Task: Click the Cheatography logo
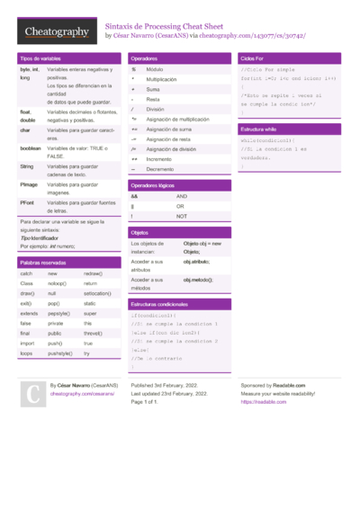(57, 32)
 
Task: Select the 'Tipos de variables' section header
(41, 58)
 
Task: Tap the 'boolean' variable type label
(31, 147)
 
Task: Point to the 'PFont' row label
(28, 202)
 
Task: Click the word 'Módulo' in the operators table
(155, 69)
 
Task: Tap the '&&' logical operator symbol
(134, 195)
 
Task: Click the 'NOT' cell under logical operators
(182, 216)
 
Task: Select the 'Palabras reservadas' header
(44, 262)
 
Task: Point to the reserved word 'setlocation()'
(98, 293)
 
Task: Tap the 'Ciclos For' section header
(254, 58)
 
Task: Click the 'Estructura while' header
(258, 129)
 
